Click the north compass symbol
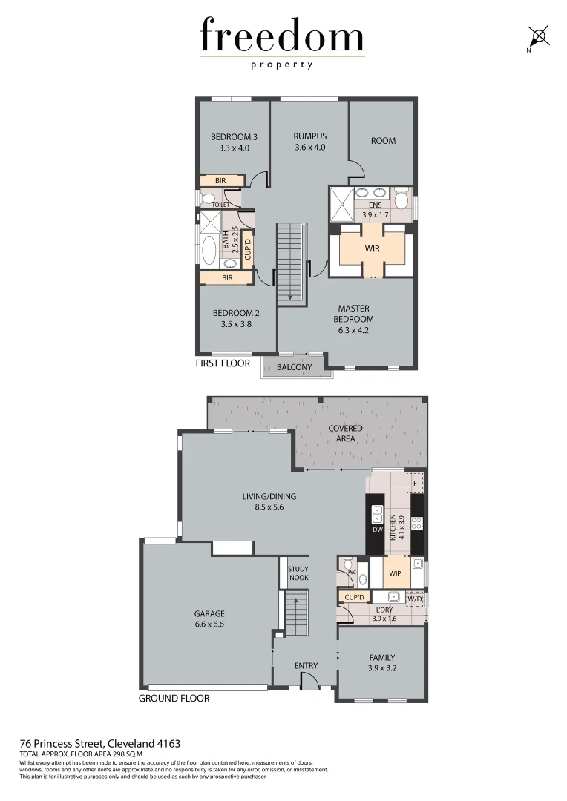pos(538,36)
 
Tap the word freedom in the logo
pos(282,37)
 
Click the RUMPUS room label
pos(309,136)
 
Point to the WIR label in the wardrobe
pos(372,249)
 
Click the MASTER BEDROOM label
pos(353,314)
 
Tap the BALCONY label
pos(294,367)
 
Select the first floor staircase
pos(289,263)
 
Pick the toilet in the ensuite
pos(402,199)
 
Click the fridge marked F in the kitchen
pos(416,482)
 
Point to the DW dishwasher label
pos(377,530)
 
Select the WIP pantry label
pos(395,573)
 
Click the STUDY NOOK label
pos(298,573)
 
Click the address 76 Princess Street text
pos(100,743)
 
